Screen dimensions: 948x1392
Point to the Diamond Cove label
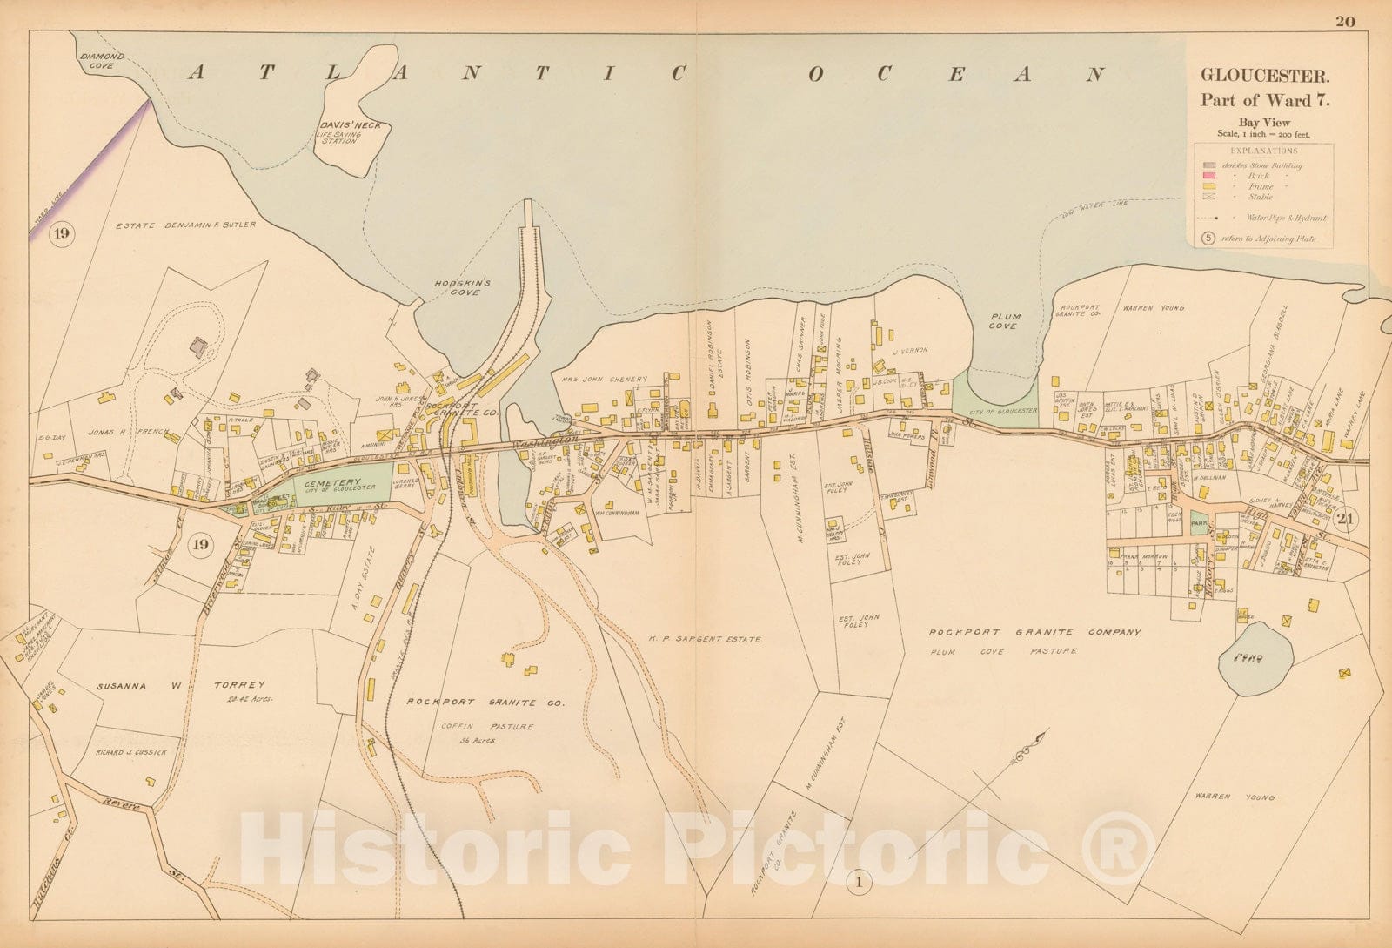pos(103,60)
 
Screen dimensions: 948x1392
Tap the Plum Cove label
pos(1004,321)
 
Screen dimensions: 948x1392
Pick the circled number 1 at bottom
pos(860,884)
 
